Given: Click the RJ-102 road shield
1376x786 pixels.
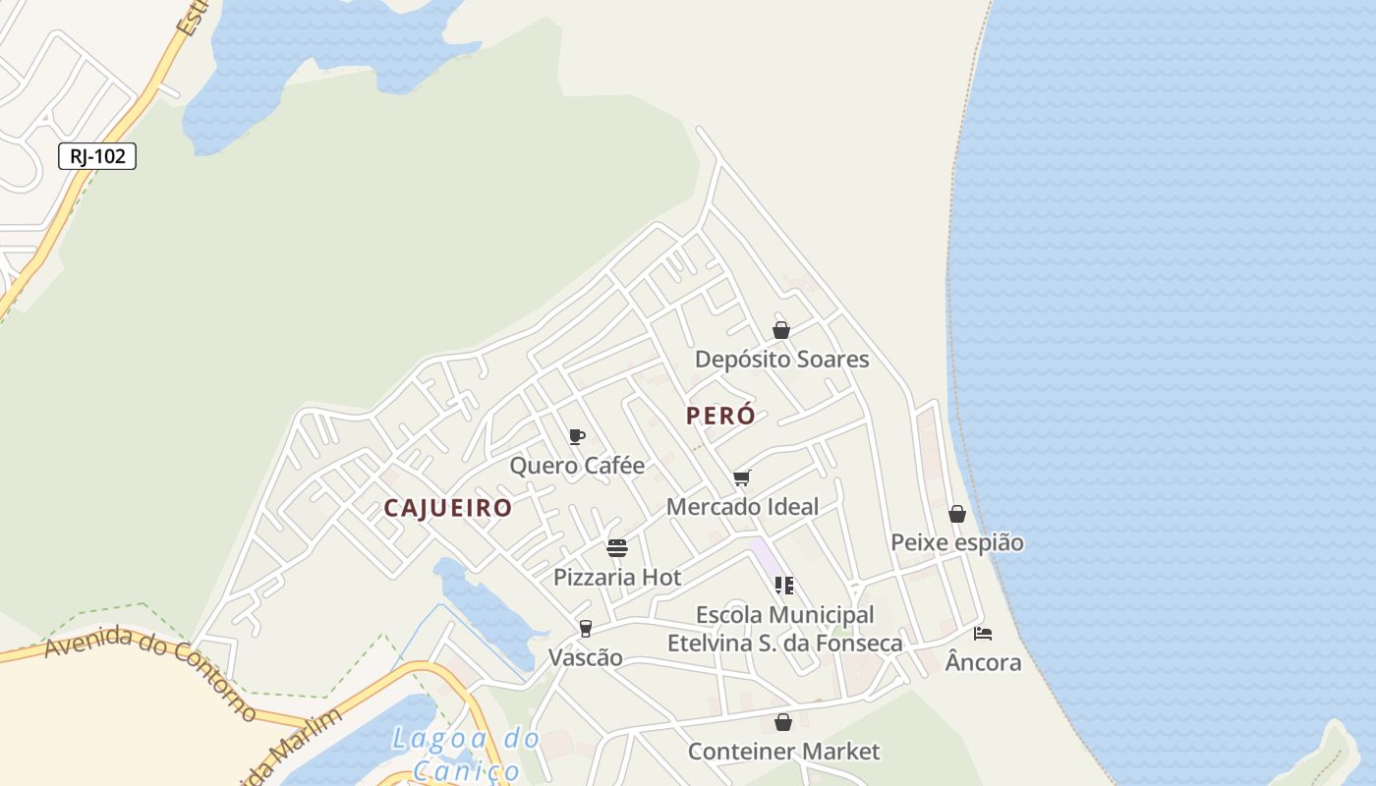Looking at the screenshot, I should (x=97, y=156).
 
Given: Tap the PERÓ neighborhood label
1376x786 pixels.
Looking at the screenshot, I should (x=720, y=416).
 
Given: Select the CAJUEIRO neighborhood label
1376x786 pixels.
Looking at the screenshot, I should (x=448, y=508).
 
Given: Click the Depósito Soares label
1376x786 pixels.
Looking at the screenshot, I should (x=781, y=360).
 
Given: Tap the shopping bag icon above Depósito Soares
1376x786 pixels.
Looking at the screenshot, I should (x=781, y=330).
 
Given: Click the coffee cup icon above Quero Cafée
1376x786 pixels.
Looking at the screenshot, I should (x=577, y=436).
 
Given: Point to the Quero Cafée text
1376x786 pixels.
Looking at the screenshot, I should (x=577, y=466).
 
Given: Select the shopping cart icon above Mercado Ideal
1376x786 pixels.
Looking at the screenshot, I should (x=742, y=478).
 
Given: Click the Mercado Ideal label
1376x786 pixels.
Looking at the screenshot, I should (x=742, y=507).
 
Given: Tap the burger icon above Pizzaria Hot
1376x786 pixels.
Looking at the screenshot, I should (x=617, y=547).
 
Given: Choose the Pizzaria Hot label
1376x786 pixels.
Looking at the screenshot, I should (x=617, y=577).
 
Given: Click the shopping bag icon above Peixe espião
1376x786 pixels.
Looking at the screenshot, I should (x=957, y=514).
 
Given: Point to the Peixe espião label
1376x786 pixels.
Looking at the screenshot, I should (x=957, y=542).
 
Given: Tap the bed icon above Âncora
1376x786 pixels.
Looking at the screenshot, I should (x=983, y=634).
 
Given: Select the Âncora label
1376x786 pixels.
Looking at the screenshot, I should (x=983, y=663).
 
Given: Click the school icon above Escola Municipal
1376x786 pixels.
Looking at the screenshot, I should (x=784, y=586).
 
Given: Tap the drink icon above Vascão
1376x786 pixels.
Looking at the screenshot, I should (x=586, y=629).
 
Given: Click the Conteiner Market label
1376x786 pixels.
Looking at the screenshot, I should (x=783, y=752).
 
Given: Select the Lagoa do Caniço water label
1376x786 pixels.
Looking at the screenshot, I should (x=465, y=753).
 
